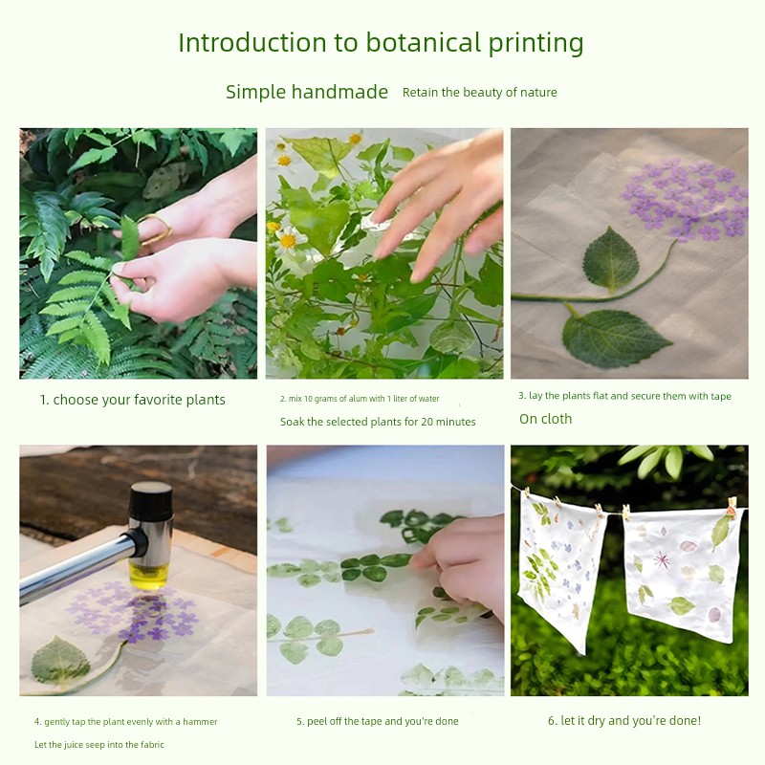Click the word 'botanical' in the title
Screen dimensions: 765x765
point(423,42)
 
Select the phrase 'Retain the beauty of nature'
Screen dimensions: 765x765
point(480,92)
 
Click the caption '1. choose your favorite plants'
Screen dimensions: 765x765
point(133,400)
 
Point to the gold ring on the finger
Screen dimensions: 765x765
point(157,229)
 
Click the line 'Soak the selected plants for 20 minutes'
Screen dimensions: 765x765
point(378,422)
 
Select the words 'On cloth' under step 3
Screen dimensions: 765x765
point(545,419)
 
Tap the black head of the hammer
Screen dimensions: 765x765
point(151,500)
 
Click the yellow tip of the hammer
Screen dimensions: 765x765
point(150,575)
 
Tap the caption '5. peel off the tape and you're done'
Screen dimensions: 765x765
point(378,721)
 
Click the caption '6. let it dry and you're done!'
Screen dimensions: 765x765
point(624,721)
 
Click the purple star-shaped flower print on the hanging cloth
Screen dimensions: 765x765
point(662,559)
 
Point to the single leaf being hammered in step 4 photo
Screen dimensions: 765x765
point(60,661)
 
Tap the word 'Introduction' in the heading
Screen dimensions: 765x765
point(252,42)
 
